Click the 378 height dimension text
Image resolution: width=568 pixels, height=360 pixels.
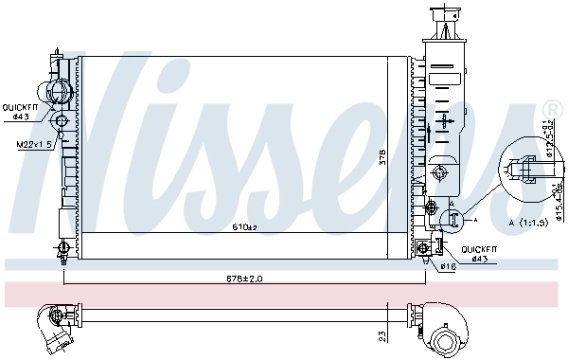[408, 162]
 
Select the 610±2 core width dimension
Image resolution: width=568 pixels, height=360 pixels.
[245, 227]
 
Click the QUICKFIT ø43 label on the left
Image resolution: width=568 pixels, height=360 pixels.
[20, 111]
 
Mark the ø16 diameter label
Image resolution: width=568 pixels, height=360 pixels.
[447, 266]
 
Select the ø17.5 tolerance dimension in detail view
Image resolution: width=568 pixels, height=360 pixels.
[544, 139]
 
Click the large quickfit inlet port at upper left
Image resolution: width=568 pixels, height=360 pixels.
[60, 93]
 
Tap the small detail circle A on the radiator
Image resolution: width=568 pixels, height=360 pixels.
[453, 218]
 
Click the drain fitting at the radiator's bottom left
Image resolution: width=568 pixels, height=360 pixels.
[62, 249]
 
